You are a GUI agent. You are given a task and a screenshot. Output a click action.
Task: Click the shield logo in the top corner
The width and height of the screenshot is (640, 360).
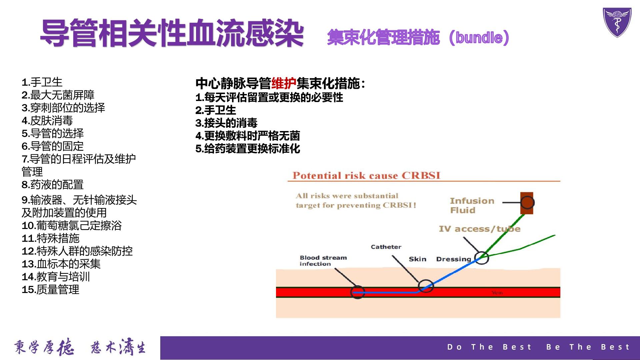click(617, 22)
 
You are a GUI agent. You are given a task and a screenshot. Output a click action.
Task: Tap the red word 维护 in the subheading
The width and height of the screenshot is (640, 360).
click(284, 83)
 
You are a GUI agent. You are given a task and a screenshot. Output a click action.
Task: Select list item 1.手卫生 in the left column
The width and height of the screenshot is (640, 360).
click(42, 82)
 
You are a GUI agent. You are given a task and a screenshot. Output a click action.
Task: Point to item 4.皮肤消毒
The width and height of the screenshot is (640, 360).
click(47, 120)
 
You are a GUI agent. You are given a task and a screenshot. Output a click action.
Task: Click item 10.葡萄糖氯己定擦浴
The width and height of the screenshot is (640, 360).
click(72, 225)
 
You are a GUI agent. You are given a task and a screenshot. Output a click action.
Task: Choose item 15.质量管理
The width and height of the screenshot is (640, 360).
click(50, 289)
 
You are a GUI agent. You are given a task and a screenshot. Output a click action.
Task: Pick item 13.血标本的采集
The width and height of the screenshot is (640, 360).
click(61, 264)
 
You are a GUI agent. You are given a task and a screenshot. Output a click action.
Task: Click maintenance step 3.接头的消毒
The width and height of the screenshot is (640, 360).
click(226, 123)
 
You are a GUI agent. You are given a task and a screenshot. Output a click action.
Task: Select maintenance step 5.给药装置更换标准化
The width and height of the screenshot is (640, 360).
click(248, 149)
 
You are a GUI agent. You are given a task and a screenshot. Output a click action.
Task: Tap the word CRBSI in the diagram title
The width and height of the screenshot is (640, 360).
click(421, 175)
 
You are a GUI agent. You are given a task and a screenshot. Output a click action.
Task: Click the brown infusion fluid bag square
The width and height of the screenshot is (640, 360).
click(527, 203)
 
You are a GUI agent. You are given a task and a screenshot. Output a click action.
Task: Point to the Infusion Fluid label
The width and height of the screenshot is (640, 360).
click(472, 205)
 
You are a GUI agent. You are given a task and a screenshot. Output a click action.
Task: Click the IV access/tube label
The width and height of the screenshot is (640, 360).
click(479, 229)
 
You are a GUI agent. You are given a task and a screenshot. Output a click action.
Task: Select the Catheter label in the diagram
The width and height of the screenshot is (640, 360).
click(386, 247)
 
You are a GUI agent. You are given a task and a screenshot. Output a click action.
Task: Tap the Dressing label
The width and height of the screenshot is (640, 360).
click(453, 259)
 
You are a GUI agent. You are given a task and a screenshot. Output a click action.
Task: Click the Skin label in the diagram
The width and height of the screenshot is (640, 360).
click(417, 259)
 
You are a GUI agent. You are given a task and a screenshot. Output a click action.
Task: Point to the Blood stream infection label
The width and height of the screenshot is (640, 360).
click(323, 261)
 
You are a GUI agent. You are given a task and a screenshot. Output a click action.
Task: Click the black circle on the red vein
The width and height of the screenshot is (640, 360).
click(358, 292)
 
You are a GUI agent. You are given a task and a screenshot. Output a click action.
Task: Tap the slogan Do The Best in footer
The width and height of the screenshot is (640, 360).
click(489, 347)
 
